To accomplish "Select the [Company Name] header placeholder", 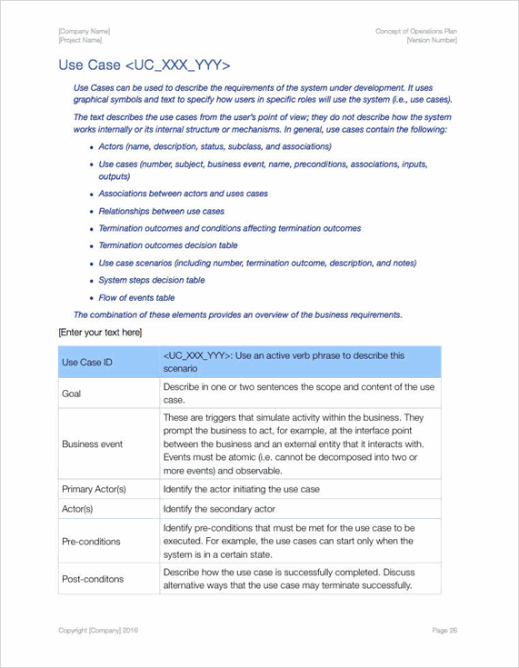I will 84,32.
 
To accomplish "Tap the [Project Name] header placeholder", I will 83,41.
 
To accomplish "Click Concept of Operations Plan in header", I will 415,32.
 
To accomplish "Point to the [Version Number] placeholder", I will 432,41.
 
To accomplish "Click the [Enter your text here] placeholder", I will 100,333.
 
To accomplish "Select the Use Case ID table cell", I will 87,363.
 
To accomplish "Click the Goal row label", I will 71,394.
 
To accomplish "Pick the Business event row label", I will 92,444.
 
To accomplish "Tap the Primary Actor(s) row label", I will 94,489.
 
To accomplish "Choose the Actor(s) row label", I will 78,509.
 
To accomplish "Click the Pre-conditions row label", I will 91,541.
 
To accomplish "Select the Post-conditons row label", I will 92,579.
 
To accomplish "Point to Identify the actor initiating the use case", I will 241,489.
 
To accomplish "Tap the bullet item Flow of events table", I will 136,297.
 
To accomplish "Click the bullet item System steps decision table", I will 151,280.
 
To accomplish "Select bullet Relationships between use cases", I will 161,211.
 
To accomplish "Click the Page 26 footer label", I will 444,630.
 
